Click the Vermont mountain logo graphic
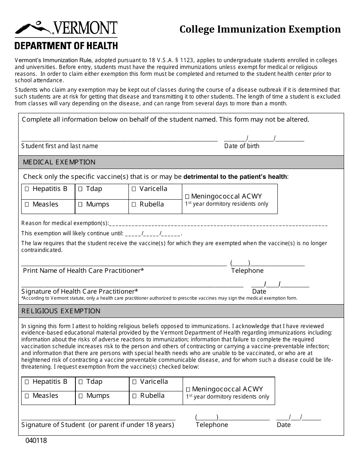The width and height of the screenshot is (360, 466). point(34,28)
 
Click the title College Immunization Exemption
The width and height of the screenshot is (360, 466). point(260,30)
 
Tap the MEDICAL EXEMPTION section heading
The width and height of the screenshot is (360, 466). point(59,162)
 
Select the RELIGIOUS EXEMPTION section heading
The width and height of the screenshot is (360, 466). point(61,311)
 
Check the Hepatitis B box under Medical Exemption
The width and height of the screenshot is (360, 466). point(27,189)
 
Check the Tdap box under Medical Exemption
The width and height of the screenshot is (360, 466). point(81,189)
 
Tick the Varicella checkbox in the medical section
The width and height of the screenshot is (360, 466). point(134,189)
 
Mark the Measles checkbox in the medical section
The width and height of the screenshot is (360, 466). point(27,205)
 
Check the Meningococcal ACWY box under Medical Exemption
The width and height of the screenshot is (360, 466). point(187,197)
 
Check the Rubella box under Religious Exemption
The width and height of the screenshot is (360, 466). point(135,396)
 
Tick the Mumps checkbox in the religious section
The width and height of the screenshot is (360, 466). point(81,396)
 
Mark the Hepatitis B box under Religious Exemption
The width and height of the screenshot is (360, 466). point(27,382)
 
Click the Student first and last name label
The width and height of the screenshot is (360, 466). point(59,146)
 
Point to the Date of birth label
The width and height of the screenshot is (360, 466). point(242,146)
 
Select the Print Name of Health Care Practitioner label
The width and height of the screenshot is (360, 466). point(83,271)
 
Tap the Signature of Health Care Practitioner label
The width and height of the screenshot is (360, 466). point(80,291)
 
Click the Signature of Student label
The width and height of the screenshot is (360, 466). point(97,425)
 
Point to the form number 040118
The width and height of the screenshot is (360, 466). point(36,441)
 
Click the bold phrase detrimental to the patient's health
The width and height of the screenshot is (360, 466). point(235,177)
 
